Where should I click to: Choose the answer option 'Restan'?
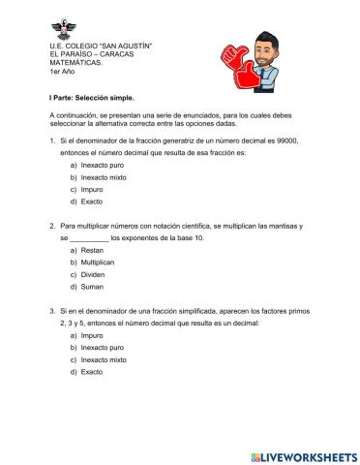coord(93,250)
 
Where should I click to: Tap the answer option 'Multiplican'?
coord(98,262)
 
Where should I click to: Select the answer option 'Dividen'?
coord(93,274)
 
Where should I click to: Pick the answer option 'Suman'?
coord(92,286)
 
